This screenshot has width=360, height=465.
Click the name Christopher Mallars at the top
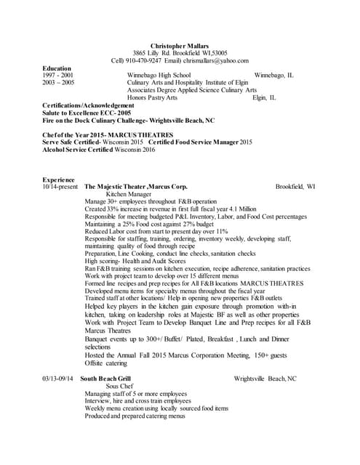coord(179,45)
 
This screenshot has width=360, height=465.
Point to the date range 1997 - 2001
coord(57,75)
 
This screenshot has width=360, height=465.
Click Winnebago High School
coord(159,75)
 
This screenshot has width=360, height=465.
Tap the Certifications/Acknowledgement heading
coord(88,105)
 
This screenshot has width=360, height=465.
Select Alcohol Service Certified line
coord(99,150)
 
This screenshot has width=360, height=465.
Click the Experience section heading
coord(58,179)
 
